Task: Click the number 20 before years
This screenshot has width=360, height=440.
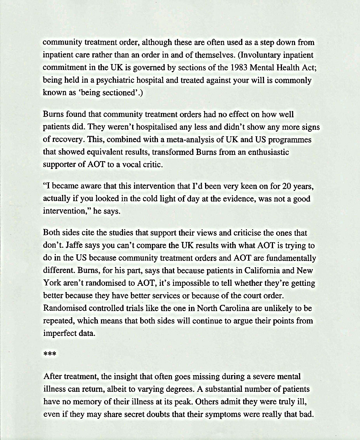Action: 287,186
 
